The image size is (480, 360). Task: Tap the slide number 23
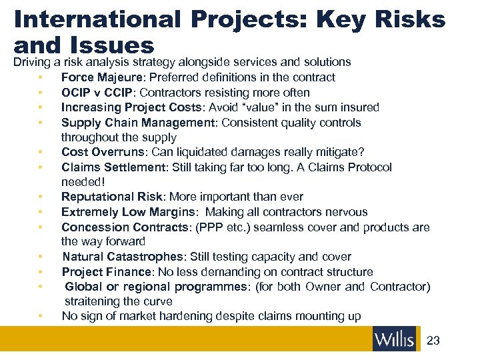(x=433, y=341)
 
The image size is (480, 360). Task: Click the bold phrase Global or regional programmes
(x=155, y=287)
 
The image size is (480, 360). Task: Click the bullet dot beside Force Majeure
(x=41, y=78)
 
